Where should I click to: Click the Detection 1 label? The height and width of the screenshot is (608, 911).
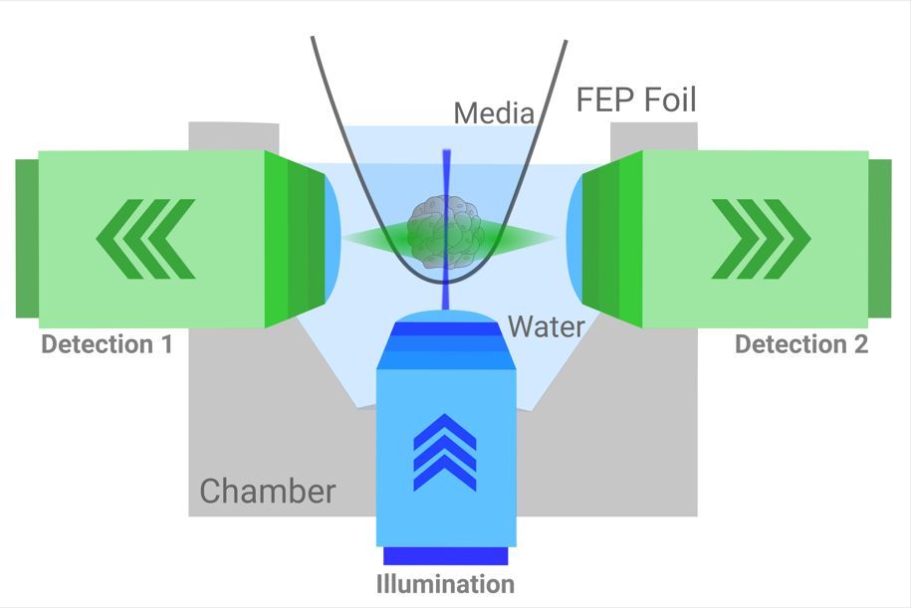click(107, 345)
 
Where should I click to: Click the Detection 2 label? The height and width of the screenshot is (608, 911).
click(801, 345)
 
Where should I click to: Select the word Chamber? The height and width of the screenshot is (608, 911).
click(268, 492)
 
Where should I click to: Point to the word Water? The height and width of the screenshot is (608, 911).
click(547, 326)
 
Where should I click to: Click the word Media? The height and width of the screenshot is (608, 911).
click(494, 113)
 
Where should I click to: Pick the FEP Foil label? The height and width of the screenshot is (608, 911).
click(637, 101)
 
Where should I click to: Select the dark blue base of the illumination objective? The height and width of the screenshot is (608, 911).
click(446, 555)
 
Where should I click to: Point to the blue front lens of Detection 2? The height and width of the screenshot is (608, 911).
click(574, 238)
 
